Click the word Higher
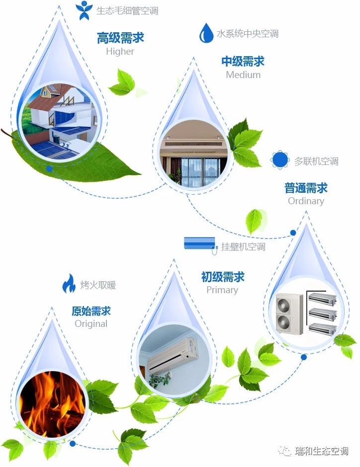point(120,52)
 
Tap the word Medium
point(243,75)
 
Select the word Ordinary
point(306,201)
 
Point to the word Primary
point(222,290)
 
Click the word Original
point(91,324)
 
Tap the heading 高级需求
point(120,38)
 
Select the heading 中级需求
point(243,62)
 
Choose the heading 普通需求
point(306,188)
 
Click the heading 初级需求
point(223,277)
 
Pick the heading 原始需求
point(91,311)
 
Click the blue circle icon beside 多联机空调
point(280,160)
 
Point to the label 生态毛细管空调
point(127,10)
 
